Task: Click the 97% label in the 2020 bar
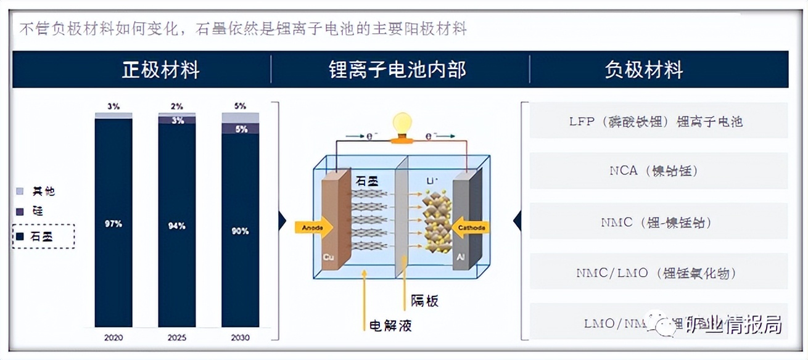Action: pyautogui.click(x=113, y=224)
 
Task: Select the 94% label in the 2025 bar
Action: pyautogui.click(x=177, y=226)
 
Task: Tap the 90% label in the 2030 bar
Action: pyautogui.click(x=241, y=231)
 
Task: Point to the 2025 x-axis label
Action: pyautogui.click(x=177, y=338)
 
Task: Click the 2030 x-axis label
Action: pyautogui.click(x=241, y=338)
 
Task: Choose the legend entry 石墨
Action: pyautogui.click(x=43, y=236)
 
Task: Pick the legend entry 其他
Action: pyautogui.click(x=43, y=191)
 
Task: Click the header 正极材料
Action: pyautogui.click(x=160, y=69)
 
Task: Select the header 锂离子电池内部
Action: pyautogui.click(x=397, y=69)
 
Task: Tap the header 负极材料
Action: pyautogui.click(x=644, y=69)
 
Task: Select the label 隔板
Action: pyautogui.click(x=425, y=301)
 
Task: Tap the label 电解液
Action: pyautogui.click(x=390, y=325)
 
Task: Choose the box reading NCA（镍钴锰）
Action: pyautogui.click(x=658, y=171)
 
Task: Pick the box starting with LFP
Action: pyautogui.click(x=658, y=121)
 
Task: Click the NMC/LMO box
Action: pyautogui.click(x=658, y=272)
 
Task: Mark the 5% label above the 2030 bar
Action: pyautogui.click(x=241, y=106)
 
